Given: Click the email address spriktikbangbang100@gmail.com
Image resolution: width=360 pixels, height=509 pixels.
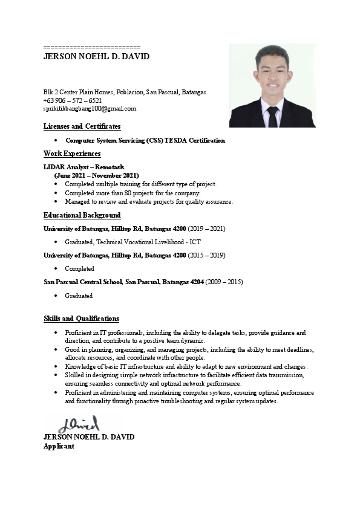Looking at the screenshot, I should pos(90,109).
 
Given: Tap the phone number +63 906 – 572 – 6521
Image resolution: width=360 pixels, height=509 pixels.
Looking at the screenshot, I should pos(73,100).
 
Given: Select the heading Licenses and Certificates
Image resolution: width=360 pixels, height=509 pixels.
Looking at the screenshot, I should pos(82,126).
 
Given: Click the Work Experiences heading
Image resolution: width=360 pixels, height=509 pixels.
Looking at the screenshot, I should pos(72,154).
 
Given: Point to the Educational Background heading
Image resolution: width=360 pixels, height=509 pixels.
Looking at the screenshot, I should pos(82,215).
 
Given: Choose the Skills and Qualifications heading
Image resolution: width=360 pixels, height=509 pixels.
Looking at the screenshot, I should pos(81,319).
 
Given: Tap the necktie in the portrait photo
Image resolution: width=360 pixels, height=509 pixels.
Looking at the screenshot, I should pos(273,116).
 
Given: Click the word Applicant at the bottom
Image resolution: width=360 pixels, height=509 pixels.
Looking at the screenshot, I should pos(59,446).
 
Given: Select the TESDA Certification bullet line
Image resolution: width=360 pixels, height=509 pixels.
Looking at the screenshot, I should pos(145,140).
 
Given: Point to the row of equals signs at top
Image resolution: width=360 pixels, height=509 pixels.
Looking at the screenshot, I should pos(92,47).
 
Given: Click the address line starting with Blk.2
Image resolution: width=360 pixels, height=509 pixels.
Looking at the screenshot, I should pos(125,92).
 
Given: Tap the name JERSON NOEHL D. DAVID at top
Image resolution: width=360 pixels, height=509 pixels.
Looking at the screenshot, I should pos(96,57).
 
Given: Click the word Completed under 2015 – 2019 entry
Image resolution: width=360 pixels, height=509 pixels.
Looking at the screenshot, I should pos(80,268).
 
